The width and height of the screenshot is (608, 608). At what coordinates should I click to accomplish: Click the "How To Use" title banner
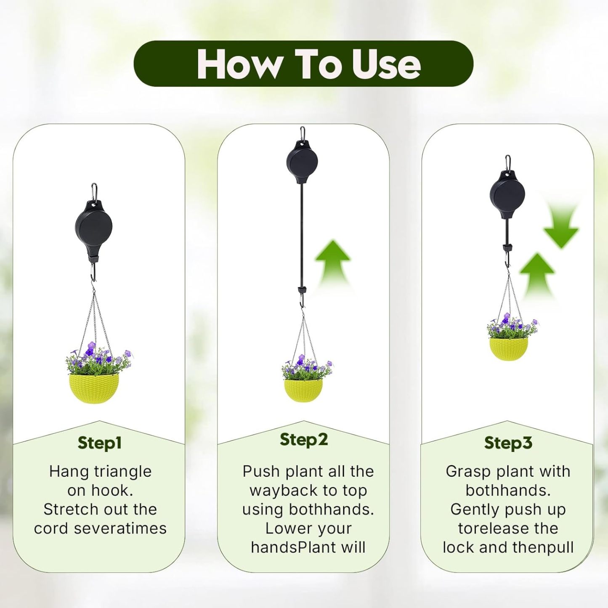303,64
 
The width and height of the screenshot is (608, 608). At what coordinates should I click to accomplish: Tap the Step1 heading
100,443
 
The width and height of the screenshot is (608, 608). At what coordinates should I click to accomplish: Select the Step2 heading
303,439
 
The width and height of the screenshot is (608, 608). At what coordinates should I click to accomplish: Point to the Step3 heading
508,443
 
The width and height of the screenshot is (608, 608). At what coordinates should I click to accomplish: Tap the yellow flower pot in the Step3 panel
508,348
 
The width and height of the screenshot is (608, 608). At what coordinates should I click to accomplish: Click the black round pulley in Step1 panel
93,228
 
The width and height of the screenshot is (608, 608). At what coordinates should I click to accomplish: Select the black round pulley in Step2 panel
302,162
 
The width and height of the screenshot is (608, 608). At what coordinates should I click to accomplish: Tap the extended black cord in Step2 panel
302,236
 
